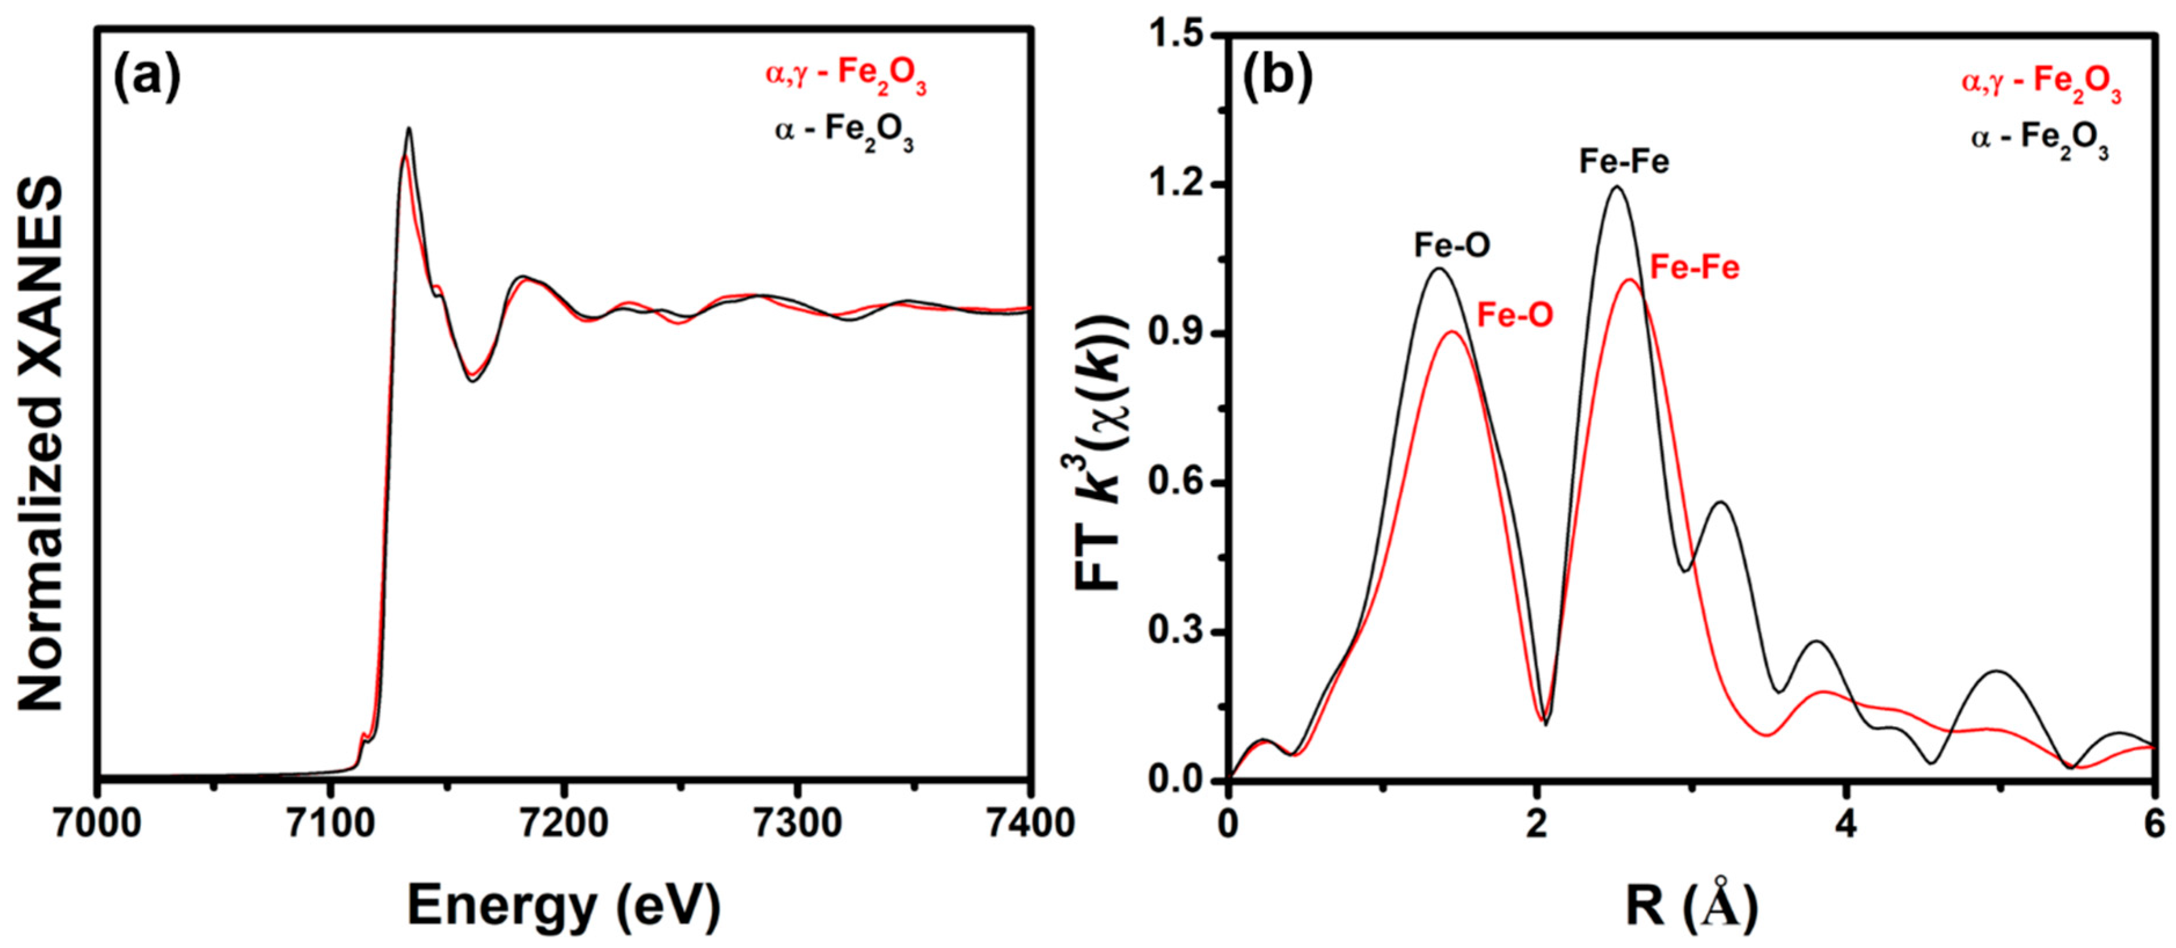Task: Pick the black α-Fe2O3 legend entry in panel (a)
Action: click(x=844, y=132)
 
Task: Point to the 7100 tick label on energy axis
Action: click(x=330, y=823)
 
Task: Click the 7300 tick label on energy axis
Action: click(x=796, y=823)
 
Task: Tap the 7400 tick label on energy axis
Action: click(x=1029, y=823)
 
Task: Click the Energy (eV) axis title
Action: click(x=564, y=906)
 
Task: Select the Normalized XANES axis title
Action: click(x=41, y=444)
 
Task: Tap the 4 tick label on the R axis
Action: click(x=1848, y=823)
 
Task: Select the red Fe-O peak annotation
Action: click(x=1515, y=315)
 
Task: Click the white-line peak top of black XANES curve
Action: click(x=409, y=129)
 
